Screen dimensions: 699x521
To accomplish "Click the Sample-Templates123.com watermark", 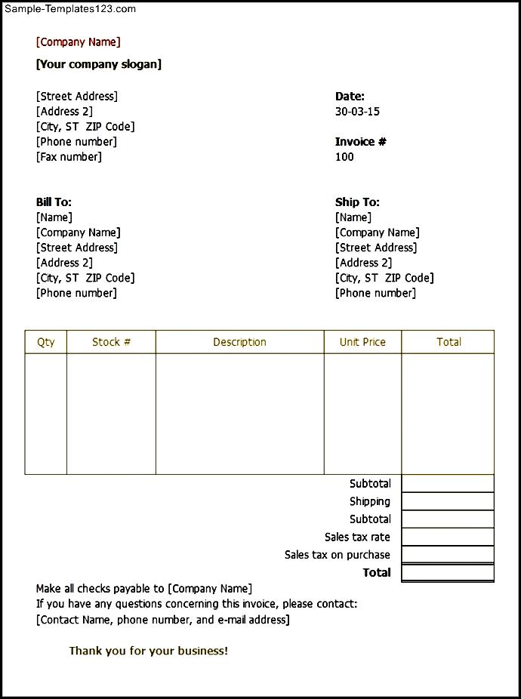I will click(69, 9).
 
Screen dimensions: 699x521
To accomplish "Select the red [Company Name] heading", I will click(78, 42).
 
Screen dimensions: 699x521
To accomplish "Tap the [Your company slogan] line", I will click(99, 64).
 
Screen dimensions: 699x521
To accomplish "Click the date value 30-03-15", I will click(357, 112).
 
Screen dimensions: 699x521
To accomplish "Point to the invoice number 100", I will click(344, 157).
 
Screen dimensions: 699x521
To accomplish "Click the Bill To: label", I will click(54, 202).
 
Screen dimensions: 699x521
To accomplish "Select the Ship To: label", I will click(357, 202).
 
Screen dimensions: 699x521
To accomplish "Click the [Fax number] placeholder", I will click(69, 157).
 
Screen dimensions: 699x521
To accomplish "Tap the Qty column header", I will click(46, 342).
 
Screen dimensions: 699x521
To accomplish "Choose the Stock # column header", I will click(111, 342).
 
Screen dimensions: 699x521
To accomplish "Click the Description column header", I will click(239, 342).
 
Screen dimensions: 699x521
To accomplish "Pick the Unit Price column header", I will click(362, 342).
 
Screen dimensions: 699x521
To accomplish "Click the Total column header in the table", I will click(449, 342).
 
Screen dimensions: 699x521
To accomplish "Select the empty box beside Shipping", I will click(448, 501).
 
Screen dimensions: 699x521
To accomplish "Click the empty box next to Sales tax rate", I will click(448, 537).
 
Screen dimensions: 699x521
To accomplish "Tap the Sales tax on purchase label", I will click(338, 555).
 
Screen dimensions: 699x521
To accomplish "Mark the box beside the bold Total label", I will click(448, 573).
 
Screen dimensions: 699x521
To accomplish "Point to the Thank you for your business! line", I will click(149, 651).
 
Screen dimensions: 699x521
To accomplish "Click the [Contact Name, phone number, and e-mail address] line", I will click(162, 620).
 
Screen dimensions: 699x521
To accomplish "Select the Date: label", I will click(350, 97).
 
